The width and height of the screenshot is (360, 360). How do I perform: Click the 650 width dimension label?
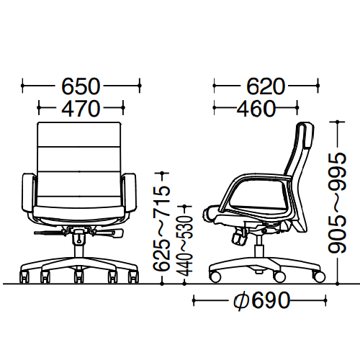point(81,86)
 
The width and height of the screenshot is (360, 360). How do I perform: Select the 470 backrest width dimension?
point(81,109)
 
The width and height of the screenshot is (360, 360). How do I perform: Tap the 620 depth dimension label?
point(266,86)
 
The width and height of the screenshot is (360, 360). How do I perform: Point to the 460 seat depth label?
point(256,109)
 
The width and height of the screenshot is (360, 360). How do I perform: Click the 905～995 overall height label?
point(337,203)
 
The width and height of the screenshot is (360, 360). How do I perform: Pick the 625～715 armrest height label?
point(162,228)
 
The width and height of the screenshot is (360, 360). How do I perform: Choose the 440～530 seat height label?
point(184,246)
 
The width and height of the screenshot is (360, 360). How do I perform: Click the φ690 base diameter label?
point(261,300)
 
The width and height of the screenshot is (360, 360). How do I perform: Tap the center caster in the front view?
point(78,276)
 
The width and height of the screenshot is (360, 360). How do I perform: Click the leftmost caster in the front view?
point(24,276)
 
